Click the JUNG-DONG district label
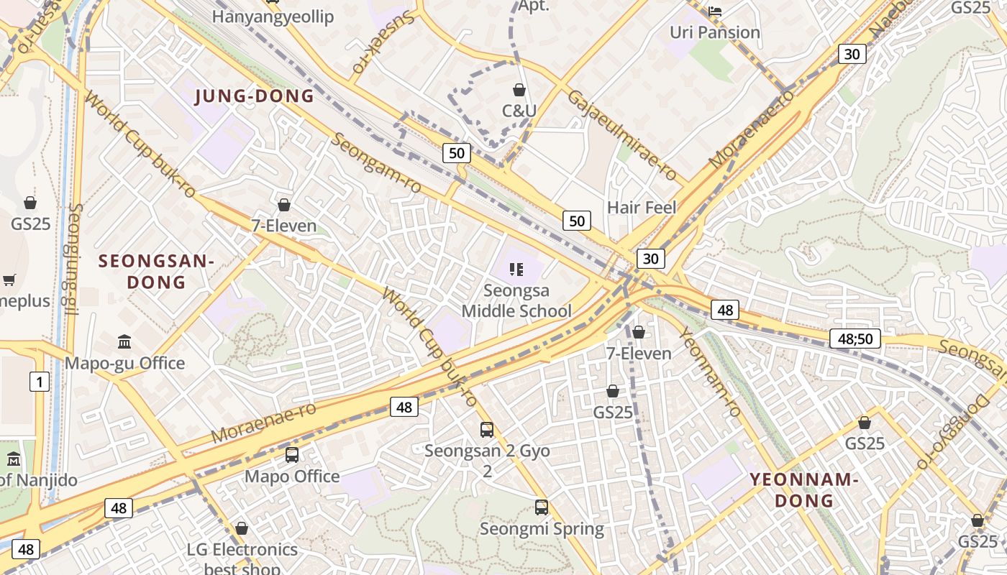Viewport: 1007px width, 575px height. (x=255, y=96)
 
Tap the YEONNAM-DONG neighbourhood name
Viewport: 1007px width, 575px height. (x=804, y=489)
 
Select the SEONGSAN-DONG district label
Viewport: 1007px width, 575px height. (x=156, y=271)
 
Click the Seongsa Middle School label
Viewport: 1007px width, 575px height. (x=516, y=301)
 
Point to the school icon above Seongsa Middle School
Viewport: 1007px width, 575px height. (x=516, y=270)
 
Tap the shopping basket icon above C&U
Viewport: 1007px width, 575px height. (x=519, y=90)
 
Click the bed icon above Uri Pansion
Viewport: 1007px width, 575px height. (x=715, y=11)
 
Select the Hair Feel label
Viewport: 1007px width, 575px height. (x=642, y=208)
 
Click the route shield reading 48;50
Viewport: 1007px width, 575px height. (x=855, y=339)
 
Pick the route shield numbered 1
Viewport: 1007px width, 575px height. (x=39, y=382)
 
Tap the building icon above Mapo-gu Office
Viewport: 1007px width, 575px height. (x=124, y=341)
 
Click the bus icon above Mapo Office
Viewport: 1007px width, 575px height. (x=291, y=455)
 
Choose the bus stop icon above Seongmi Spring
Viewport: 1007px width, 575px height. (x=542, y=507)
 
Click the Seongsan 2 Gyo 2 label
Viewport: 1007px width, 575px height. (x=487, y=461)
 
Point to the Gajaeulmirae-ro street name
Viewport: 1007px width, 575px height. (x=621, y=135)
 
